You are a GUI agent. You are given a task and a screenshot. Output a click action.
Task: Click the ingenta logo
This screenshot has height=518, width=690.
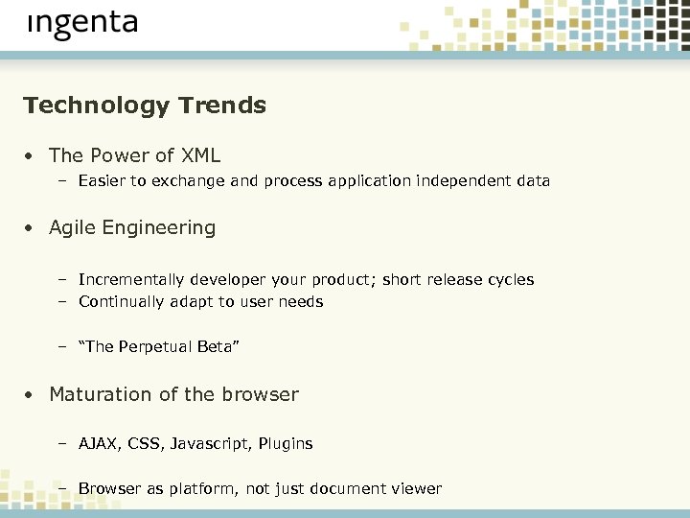pyautogui.click(x=82, y=26)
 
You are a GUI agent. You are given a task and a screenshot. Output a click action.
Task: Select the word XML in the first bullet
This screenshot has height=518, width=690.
pyautogui.click(x=200, y=155)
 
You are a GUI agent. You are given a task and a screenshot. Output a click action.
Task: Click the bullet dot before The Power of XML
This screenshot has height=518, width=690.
pyautogui.click(x=31, y=156)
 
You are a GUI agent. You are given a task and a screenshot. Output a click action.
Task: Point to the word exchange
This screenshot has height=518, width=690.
pyautogui.click(x=192, y=180)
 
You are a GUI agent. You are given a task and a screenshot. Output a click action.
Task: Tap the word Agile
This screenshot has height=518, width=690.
pyautogui.click(x=73, y=228)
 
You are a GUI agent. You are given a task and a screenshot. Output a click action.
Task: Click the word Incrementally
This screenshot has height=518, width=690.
pyautogui.click(x=131, y=280)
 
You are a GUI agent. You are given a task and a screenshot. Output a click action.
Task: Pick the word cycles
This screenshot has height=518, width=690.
pyautogui.click(x=509, y=280)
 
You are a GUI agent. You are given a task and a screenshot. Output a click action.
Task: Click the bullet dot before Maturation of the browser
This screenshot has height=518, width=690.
pyautogui.click(x=31, y=395)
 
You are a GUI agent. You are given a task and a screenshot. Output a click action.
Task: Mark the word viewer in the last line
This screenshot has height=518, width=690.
pyautogui.click(x=417, y=489)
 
